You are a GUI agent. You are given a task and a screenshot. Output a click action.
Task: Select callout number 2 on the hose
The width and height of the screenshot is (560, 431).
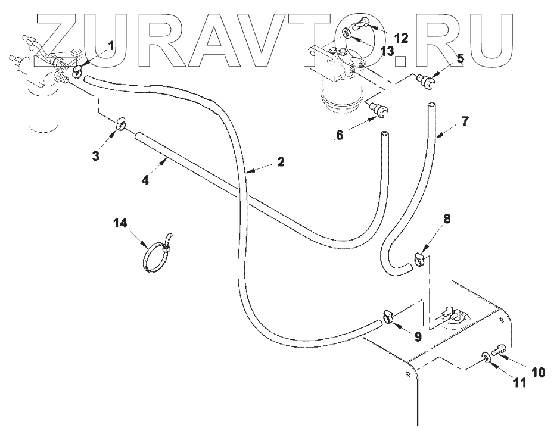pos(279,161)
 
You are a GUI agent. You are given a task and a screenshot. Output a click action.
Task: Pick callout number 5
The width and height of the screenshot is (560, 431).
pos(461,58)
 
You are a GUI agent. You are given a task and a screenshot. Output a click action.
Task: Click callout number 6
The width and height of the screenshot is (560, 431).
pos(340,135)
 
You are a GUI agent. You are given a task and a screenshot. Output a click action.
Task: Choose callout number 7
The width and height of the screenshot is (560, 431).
pos(464,122)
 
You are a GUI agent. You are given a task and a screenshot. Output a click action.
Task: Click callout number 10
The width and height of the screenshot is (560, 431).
pos(537,373)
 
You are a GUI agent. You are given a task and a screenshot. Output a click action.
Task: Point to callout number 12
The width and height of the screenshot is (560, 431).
pos(400,38)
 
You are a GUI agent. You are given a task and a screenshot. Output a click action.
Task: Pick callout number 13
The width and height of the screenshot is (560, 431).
pos(388,52)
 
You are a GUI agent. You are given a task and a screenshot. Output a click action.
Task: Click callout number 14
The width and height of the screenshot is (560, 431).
pos(121,224)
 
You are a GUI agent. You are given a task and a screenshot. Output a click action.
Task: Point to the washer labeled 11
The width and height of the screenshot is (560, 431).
pos(487,357)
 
